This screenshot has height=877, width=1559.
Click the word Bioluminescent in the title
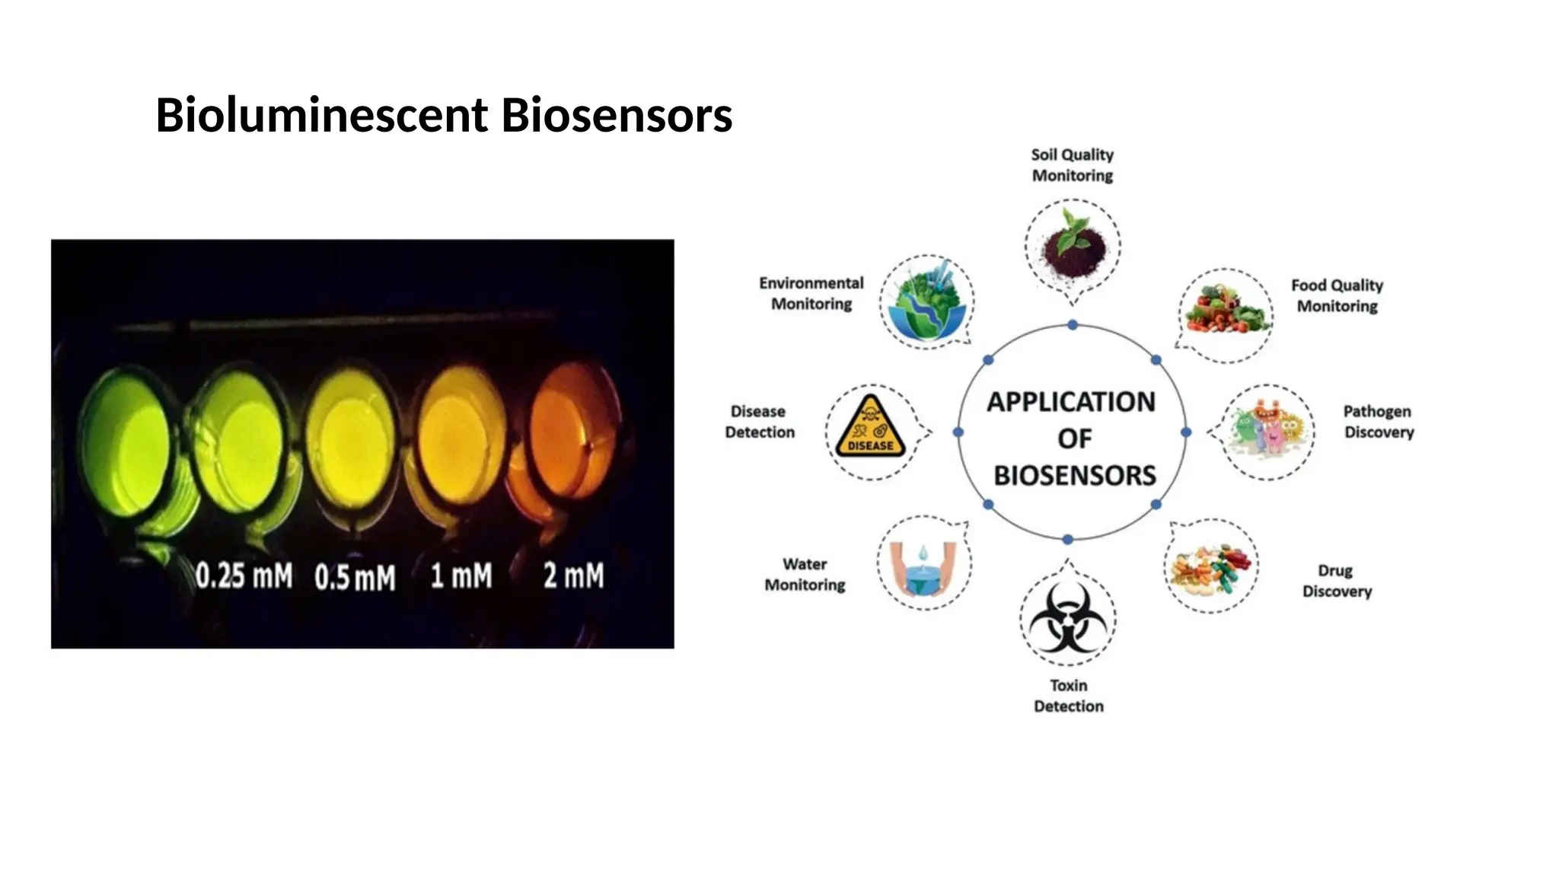[321, 116]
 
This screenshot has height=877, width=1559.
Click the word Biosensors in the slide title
[617, 116]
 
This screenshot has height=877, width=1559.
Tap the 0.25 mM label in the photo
[244, 576]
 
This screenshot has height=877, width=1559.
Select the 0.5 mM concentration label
[355, 577]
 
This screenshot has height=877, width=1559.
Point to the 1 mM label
[461, 576]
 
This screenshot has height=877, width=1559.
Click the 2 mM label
[573, 576]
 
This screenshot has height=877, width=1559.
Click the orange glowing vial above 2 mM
[567, 442]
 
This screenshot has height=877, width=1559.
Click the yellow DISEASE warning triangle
[870, 428]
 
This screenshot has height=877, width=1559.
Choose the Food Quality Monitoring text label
[1337, 295]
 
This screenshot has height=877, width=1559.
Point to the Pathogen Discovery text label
[1378, 422]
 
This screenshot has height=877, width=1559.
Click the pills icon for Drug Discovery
[1210, 568]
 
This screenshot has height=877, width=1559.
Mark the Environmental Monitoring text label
[811, 293]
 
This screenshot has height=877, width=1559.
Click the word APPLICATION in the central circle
[1071, 402]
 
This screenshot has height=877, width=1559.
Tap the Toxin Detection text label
[1068, 696]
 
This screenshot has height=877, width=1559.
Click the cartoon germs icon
[1267, 431]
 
